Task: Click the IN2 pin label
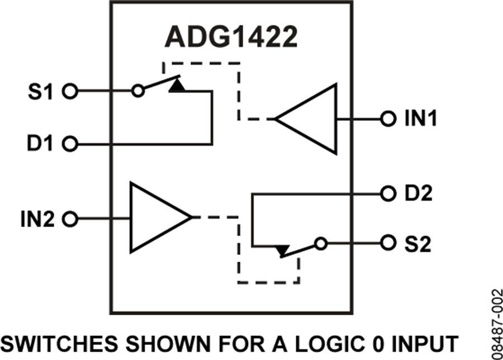[35, 219]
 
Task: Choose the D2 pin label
[418, 194]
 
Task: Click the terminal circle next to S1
[69, 91]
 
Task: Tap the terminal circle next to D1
[69, 144]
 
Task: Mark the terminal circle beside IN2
[69, 219]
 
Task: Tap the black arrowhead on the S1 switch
[177, 85]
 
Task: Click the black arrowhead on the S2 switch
[283, 250]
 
